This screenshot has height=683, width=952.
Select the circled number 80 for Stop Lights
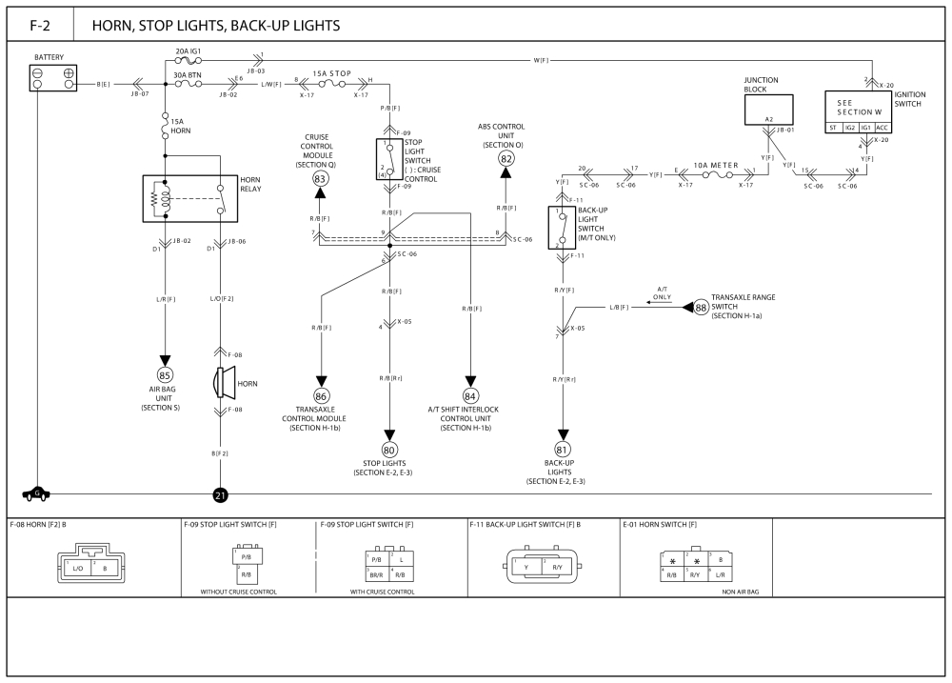click(x=389, y=450)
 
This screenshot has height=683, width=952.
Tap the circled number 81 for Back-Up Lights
click(x=562, y=450)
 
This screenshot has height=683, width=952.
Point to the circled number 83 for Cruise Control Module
click(x=321, y=178)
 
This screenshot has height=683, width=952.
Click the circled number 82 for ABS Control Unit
click(x=506, y=158)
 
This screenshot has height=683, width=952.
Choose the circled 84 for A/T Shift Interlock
click(x=470, y=395)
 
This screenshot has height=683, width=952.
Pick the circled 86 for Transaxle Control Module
click(x=321, y=395)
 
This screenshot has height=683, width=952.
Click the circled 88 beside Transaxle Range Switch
click(x=701, y=307)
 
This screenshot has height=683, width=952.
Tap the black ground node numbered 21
click(x=220, y=495)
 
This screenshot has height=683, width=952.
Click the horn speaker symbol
click(x=224, y=383)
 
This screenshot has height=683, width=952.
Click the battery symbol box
click(x=54, y=79)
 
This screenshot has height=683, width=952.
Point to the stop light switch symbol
click(x=389, y=159)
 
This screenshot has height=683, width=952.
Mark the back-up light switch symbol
click(x=562, y=228)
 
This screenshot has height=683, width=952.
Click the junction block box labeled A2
click(x=768, y=110)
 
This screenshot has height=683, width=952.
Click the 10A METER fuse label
click(x=716, y=165)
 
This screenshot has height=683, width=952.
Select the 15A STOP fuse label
click(x=333, y=72)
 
